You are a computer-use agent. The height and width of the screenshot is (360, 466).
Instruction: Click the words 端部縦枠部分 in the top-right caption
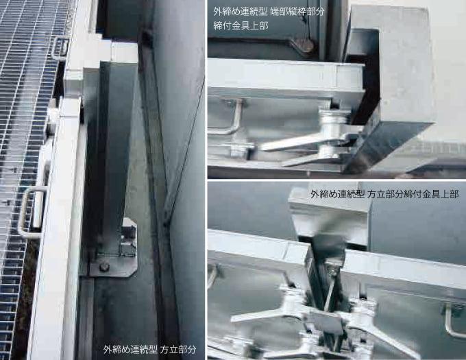(x=298, y=12)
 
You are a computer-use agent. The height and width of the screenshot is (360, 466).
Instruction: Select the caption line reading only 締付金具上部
(x=241, y=26)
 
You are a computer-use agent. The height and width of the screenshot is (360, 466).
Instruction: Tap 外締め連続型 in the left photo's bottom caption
(x=130, y=349)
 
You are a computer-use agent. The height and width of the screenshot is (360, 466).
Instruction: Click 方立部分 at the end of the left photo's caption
(x=178, y=349)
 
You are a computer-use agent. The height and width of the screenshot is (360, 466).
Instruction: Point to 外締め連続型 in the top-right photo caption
(x=240, y=12)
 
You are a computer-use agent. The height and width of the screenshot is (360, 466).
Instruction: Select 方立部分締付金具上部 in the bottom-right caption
(x=413, y=195)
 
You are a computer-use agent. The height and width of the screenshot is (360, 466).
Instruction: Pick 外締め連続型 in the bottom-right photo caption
(x=338, y=195)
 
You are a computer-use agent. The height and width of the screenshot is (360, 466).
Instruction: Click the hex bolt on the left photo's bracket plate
(x=104, y=267)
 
